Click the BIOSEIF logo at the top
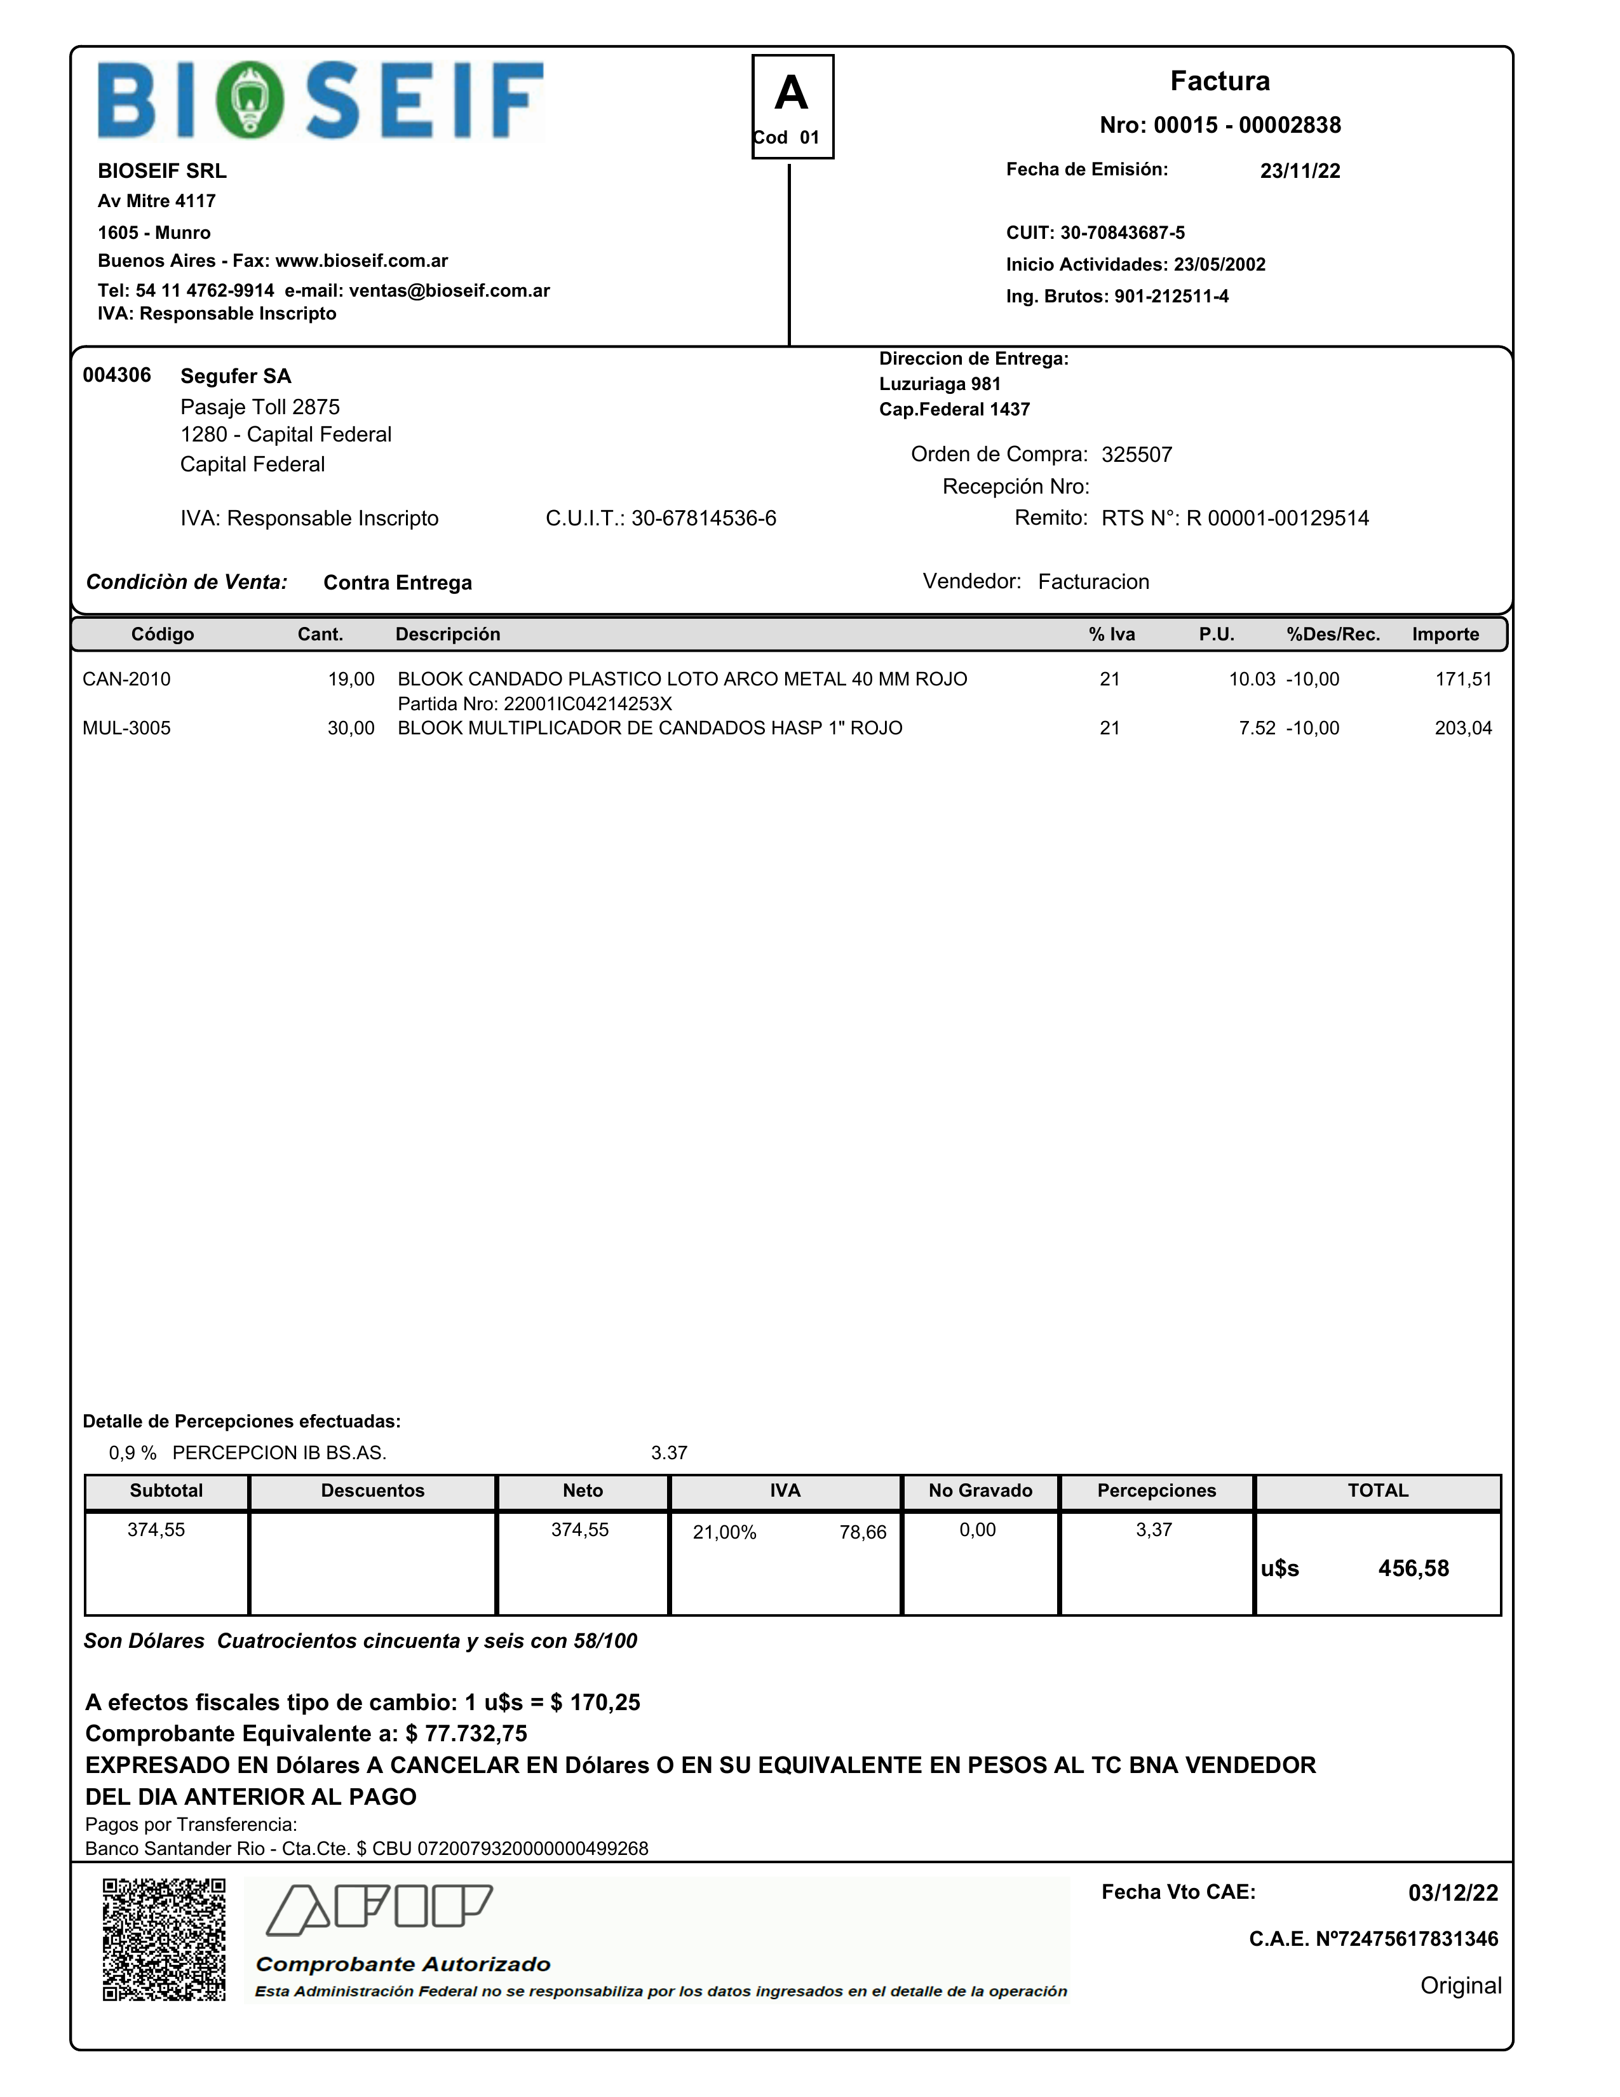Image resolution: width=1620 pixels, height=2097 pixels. tap(321, 101)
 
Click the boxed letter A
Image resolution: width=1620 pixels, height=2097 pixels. tap(792, 94)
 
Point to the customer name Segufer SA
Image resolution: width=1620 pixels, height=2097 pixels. tap(235, 376)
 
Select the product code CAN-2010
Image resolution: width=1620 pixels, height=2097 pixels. tap(127, 680)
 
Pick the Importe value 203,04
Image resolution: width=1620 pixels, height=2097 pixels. tap(1462, 729)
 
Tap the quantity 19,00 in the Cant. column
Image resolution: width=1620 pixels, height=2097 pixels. tap(351, 680)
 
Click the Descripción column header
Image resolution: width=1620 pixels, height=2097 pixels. tap(447, 635)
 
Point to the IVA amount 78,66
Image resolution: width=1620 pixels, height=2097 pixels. tap(862, 1532)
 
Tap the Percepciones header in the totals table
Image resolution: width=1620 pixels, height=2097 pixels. tap(1156, 1491)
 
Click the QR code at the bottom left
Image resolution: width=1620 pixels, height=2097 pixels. tap(164, 1939)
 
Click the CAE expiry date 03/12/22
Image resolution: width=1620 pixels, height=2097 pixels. tap(1452, 1892)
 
